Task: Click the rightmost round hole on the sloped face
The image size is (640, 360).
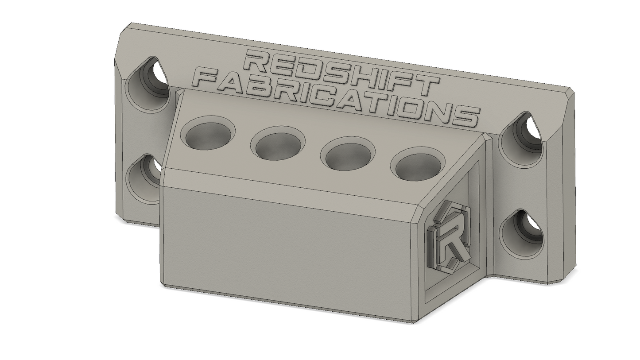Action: click(418, 165)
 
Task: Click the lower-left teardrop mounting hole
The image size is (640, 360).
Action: click(144, 179)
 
